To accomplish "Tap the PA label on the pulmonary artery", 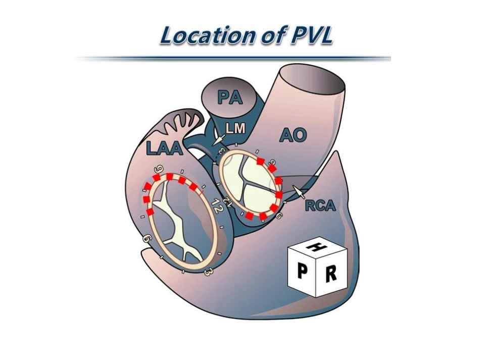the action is [x=230, y=97].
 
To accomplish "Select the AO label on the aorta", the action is [x=293, y=135].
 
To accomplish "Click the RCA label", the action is [x=320, y=206].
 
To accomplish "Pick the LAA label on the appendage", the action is [x=164, y=148].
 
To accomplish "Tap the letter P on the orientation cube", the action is [x=303, y=271].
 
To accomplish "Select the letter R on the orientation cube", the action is [x=330, y=274].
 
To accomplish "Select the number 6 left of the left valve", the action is [x=148, y=239].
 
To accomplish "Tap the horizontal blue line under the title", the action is [x=232, y=58].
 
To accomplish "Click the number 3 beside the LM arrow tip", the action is [x=222, y=150].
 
